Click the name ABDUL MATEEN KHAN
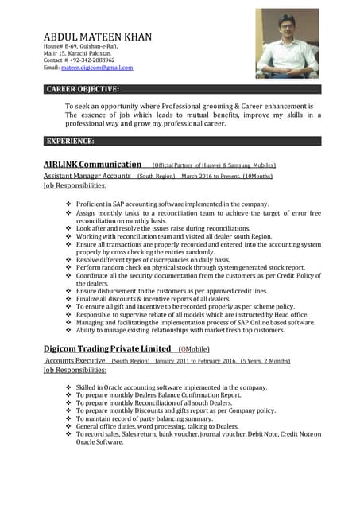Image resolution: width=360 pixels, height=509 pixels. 97,37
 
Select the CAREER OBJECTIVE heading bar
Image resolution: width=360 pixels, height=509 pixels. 182,89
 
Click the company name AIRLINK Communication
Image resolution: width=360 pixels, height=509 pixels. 92,164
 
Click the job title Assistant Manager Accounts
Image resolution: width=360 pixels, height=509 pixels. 87,175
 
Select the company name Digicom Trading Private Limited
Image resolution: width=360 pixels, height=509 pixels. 106,348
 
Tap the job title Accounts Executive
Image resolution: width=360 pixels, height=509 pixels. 75,360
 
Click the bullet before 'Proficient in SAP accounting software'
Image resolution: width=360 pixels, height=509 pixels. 68,204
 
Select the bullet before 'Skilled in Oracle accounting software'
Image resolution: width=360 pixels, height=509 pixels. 68,387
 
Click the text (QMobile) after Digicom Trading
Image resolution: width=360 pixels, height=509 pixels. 194,349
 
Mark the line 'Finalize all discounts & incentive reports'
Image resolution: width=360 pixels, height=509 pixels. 159,298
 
